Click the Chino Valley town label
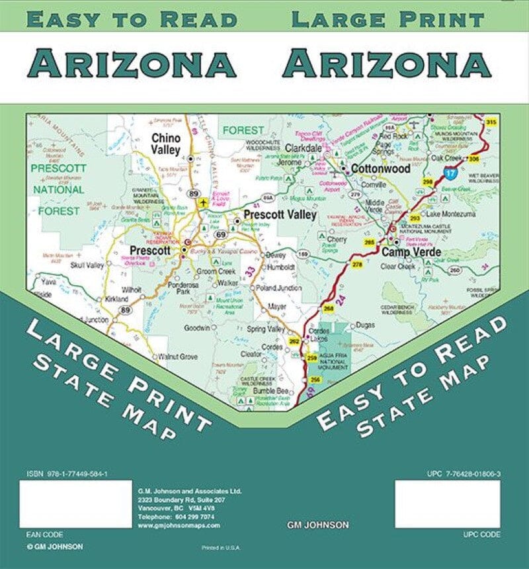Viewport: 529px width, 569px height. click(x=166, y=144)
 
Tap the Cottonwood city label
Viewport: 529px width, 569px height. click(x=381, y=169)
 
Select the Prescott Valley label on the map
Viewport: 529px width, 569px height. click(x=280, y=214)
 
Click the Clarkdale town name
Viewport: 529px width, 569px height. click(x=304, y=149)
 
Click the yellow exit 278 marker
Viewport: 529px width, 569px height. click(x=357, y=264)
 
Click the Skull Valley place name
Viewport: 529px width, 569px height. click(x=87, y=265)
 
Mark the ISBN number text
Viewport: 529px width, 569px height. click(x=67, y=474)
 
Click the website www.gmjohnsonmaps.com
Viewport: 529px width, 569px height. click(x=179, y=525)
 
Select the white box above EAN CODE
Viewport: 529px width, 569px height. click(x=75, y=503)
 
